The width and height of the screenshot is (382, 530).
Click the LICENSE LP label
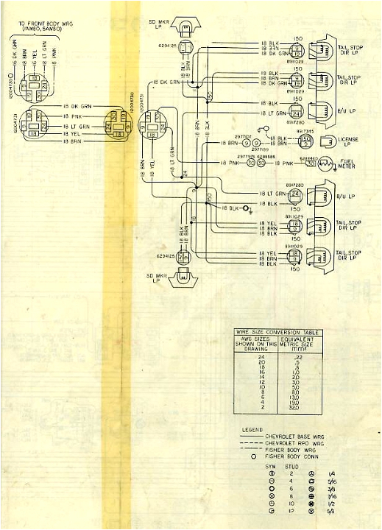coord(349,141)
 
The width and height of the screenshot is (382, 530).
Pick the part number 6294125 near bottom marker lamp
coord(166,256)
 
